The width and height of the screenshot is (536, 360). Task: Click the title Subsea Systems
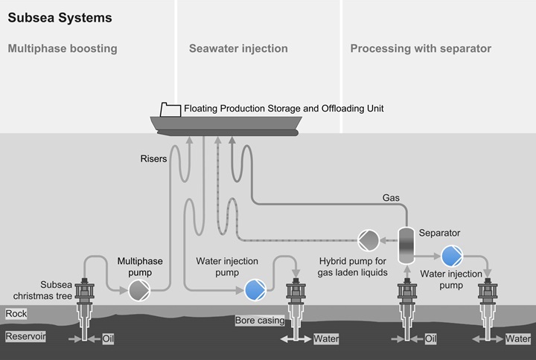50,17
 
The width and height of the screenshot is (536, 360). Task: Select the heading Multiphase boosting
63,49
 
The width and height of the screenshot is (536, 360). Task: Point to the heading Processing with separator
421,49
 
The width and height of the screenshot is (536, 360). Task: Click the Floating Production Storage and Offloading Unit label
284,109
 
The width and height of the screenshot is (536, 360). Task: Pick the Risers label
153,158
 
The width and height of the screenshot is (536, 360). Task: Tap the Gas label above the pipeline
391,199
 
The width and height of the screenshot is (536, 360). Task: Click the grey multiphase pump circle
139,289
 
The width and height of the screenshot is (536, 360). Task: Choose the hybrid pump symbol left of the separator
368,240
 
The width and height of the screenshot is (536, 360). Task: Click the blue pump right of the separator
451,257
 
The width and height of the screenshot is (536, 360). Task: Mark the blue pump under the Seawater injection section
255,289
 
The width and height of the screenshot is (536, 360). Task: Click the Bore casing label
258,321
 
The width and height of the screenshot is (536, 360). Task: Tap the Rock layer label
16,314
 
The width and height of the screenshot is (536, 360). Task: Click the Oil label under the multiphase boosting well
108,338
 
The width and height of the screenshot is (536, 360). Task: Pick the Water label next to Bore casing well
327,338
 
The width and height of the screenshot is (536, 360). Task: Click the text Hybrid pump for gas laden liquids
353,267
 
